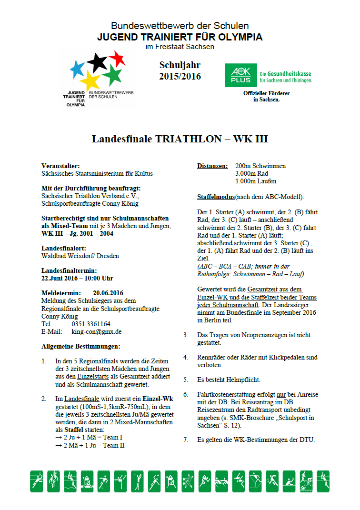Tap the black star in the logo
97,61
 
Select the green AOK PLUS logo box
240,76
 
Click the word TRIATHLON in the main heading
186,139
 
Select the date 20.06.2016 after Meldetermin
108,293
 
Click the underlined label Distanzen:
212,166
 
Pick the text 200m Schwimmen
260,166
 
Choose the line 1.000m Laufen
256,181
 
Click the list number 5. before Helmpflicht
186,380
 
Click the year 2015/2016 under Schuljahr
180,76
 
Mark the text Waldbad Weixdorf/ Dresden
80,256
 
